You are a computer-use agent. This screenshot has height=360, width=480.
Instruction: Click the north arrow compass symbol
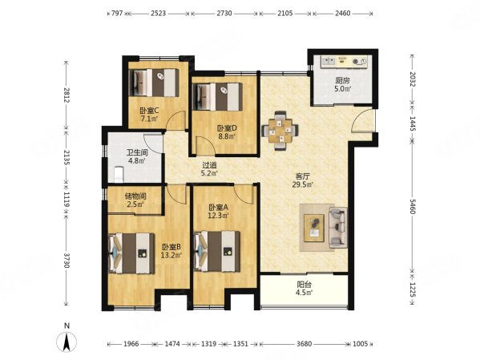click(67, 342)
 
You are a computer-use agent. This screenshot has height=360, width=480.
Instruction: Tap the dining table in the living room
click(280, 131)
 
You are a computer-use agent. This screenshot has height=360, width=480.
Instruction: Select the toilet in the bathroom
click(118, 174)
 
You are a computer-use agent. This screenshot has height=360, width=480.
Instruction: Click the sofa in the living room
click(338, 228)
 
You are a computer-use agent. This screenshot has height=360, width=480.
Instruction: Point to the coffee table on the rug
click(314, 228)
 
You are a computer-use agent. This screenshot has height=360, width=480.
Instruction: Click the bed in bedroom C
click(154, 83)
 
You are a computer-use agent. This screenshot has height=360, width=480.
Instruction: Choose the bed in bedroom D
click(217, 97)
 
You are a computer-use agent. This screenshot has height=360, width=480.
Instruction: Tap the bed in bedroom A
click(216, 252)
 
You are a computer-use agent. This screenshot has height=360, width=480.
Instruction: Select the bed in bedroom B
click(131, 253)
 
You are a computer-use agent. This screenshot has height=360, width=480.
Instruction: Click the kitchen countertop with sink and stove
click(344, 61)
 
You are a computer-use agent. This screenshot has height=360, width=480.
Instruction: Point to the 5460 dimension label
click(413, 206)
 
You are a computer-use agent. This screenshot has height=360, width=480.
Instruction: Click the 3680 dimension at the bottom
click(304, 344)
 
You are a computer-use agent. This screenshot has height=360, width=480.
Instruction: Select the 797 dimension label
click(117, 13)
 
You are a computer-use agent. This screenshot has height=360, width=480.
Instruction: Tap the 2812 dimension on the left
click(67, 95)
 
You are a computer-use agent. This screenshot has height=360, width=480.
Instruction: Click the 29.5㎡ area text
click(302, 184)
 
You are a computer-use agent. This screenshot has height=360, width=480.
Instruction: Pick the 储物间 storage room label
click(135, 196)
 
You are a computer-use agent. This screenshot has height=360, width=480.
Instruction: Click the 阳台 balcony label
click(304, 285)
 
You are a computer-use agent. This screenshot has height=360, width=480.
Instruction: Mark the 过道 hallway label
click(209, 165)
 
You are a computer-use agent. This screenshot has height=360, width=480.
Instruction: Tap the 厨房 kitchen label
click(342, 81)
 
